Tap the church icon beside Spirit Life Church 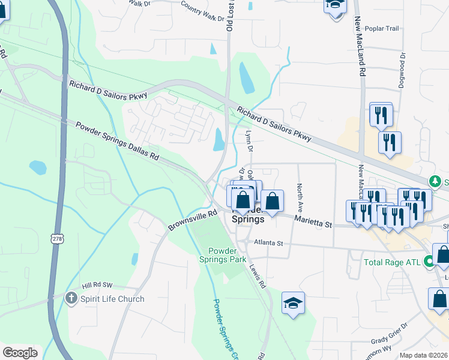71,298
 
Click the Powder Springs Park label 227,255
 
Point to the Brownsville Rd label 193,220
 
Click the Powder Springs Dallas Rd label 116,141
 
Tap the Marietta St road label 313,222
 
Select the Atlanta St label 268,243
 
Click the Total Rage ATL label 393,262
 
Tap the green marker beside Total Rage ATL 429,262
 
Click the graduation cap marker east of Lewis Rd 293,303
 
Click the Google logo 20,352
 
